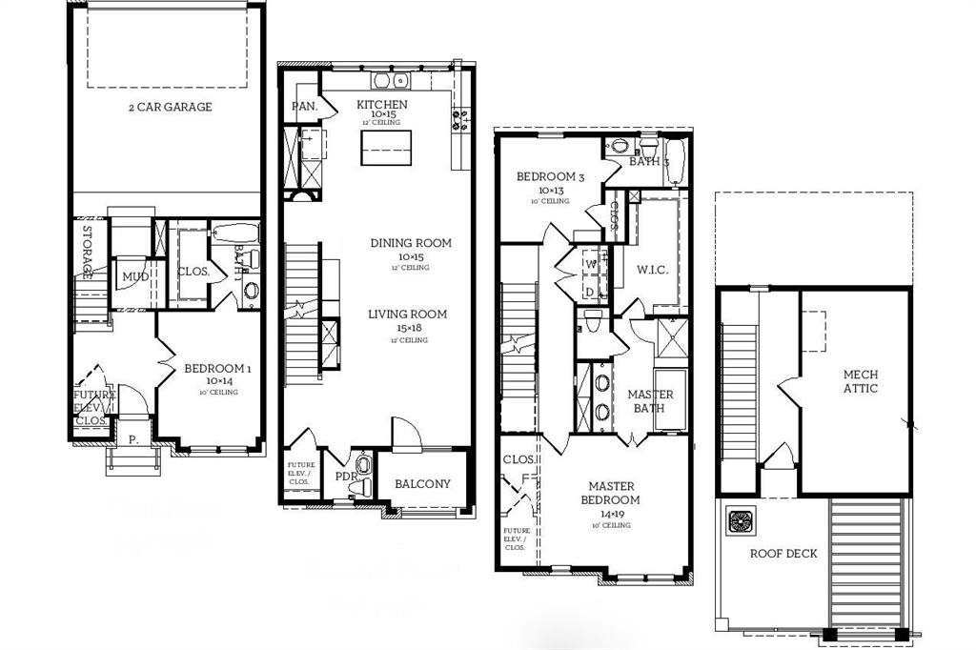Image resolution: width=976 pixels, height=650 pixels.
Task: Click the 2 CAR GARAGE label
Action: click(170, 107)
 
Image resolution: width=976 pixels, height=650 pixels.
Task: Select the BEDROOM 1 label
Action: click(217, 369)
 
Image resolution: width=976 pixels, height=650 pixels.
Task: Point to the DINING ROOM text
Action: click(411, 243)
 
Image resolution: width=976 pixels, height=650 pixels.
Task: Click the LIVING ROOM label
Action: click(407, 315)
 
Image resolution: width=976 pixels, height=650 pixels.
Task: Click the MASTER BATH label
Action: click(650, 401)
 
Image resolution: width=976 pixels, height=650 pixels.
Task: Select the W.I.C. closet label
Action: click(652, 270)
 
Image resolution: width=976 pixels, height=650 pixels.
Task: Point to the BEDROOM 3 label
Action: click(550, 177)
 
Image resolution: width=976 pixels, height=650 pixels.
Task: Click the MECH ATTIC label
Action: click(860, 381)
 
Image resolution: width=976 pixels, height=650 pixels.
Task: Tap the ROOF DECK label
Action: click(783, 554)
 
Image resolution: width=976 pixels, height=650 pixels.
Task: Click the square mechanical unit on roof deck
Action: click(742, 521)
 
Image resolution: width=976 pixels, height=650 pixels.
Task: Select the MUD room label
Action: click(132, 277)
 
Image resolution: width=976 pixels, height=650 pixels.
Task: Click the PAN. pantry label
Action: click(304, 106)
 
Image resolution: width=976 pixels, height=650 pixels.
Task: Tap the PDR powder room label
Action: click(343, 477)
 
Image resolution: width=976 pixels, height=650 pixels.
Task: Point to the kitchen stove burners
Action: click(459, 119)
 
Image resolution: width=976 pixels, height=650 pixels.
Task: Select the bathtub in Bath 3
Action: click(674, 158)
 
